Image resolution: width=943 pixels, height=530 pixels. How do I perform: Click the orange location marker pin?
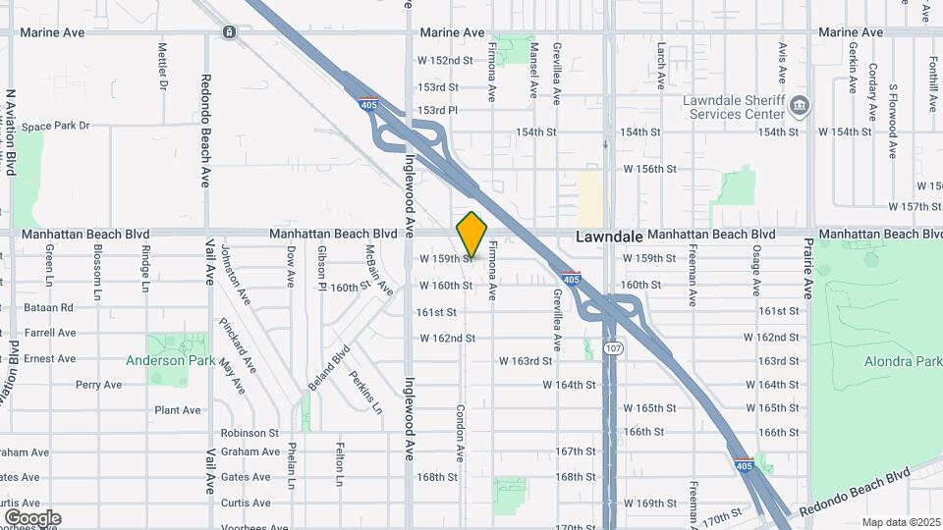(x=472, y=235)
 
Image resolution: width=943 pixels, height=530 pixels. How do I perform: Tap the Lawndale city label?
(x=608, y=237)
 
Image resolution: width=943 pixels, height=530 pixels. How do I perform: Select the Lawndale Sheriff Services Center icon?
(x=801, y=104)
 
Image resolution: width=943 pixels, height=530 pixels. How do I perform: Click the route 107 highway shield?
(x=611, y=349)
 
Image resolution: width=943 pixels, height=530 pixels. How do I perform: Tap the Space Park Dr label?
(x=56, y=126)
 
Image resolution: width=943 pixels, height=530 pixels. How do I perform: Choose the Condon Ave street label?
(x=459, y=431)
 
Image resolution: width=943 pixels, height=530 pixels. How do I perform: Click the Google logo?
(x=32, y=517)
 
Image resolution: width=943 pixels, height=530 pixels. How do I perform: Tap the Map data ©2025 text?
(x=900, y=522)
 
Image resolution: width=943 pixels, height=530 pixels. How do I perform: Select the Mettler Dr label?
(x=162, y=66)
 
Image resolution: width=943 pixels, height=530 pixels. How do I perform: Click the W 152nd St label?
(x=445, y=61)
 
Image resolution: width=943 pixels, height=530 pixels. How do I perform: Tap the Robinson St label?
(x=250, y=433)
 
